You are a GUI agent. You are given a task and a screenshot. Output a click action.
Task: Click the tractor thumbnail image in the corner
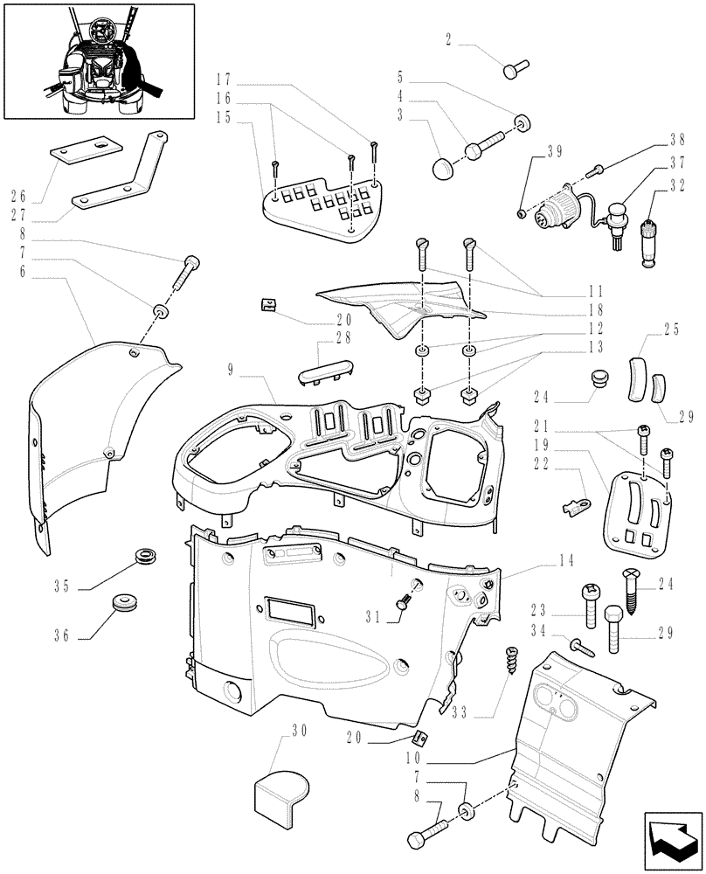click(x=98, y=60)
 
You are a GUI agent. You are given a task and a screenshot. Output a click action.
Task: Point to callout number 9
click(x=231, y=369)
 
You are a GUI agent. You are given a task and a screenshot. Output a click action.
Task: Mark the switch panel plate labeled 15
click(x=323, y=208)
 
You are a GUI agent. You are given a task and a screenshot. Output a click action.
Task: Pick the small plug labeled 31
click(x=406, y=600)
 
